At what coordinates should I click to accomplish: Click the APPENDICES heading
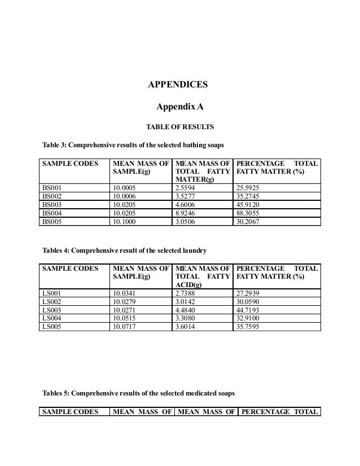click(x=178, y=85)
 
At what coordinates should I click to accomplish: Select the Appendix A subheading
click(x=180, y=106)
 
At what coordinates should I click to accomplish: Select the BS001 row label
click(x=51, y=187)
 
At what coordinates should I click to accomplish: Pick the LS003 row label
click(x=51, y=309)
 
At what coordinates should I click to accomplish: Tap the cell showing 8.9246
click(x=187, y=214)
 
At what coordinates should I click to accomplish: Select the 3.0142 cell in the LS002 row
click(x=187, y=301)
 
